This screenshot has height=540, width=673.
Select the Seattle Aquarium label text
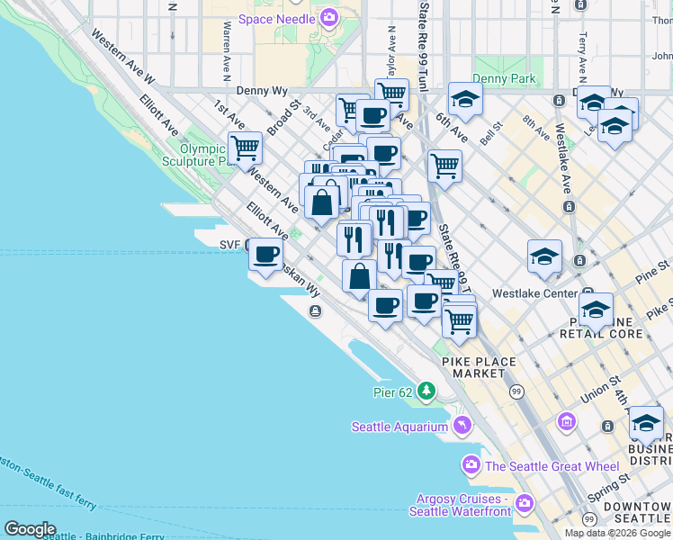[399, 427]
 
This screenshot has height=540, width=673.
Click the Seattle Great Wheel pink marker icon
[471, 465]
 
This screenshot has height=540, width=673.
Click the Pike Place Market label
[479, 367]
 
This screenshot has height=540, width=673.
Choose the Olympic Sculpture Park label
[202, 155]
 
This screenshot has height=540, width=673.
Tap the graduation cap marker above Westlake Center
[545, 256]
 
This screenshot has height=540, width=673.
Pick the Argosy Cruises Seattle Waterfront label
[459, 505]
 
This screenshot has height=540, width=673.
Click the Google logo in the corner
[30, 529]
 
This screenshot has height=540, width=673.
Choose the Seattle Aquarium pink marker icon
[462, 425]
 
